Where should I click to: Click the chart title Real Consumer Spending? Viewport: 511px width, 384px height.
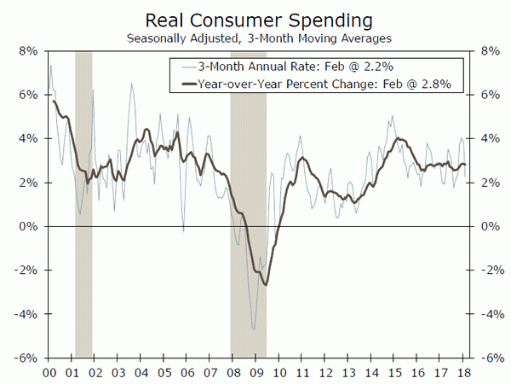(x=255, y=19)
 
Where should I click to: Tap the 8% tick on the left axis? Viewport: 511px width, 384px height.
(x=26, y=51)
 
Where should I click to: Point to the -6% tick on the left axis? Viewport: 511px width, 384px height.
(x=25, y=358)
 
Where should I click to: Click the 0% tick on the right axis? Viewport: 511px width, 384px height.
(x=488, y=226)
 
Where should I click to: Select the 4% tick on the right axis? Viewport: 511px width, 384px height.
(x=488, y=138)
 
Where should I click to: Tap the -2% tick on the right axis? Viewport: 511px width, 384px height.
(x=490, y=271)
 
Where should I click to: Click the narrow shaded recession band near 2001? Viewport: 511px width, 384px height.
(x=83, y=205)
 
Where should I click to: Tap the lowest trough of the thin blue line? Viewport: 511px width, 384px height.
(x=254, y=329)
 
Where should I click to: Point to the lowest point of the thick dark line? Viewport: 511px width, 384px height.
(x=266, y=284)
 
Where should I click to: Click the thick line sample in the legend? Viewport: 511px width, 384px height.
(x=185, y=84)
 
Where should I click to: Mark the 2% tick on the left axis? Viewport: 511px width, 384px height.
(x=26, y=183)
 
